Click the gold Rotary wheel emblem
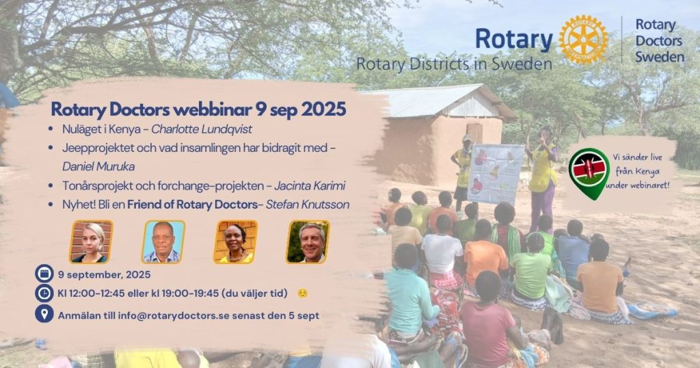(583, 40)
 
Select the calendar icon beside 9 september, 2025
(44, 274)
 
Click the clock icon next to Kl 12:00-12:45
(44, 293)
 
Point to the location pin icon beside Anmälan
(44, 314)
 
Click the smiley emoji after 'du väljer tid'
(303, 293)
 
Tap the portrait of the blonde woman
(92, 241)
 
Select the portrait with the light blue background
(163, 241)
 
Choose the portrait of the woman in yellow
(236, 241)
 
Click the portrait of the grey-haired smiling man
(308, 241)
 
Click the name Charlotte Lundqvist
(202, 129)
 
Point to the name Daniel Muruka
(98, 167)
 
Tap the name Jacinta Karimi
(310, 186)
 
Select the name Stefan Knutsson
(308, 205)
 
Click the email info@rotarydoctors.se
(174, 315)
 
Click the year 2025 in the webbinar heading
(323, 109)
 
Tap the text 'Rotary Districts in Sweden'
(454, 64)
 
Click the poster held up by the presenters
(495, 174)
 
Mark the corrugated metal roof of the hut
(429, 101)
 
